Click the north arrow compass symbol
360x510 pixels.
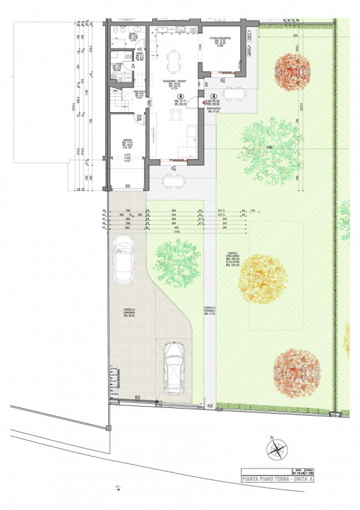[x=277, y=449]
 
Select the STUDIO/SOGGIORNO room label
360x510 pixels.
[x=220, y=42]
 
